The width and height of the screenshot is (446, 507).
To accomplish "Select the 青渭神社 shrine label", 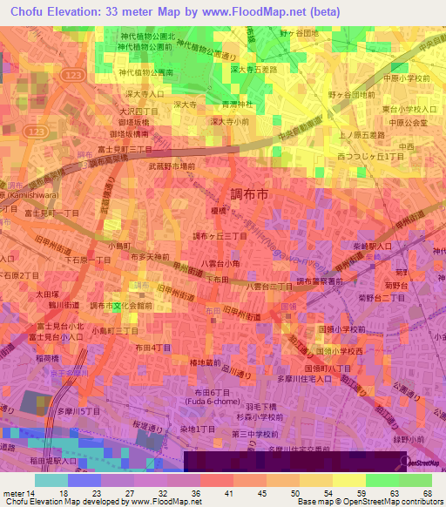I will [238, 103].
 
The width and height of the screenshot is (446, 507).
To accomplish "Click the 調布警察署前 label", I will [320, 281].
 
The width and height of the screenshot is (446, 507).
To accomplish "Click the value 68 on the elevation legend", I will [427, 492].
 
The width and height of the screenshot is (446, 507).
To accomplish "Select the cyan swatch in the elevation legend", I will [51, 480].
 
